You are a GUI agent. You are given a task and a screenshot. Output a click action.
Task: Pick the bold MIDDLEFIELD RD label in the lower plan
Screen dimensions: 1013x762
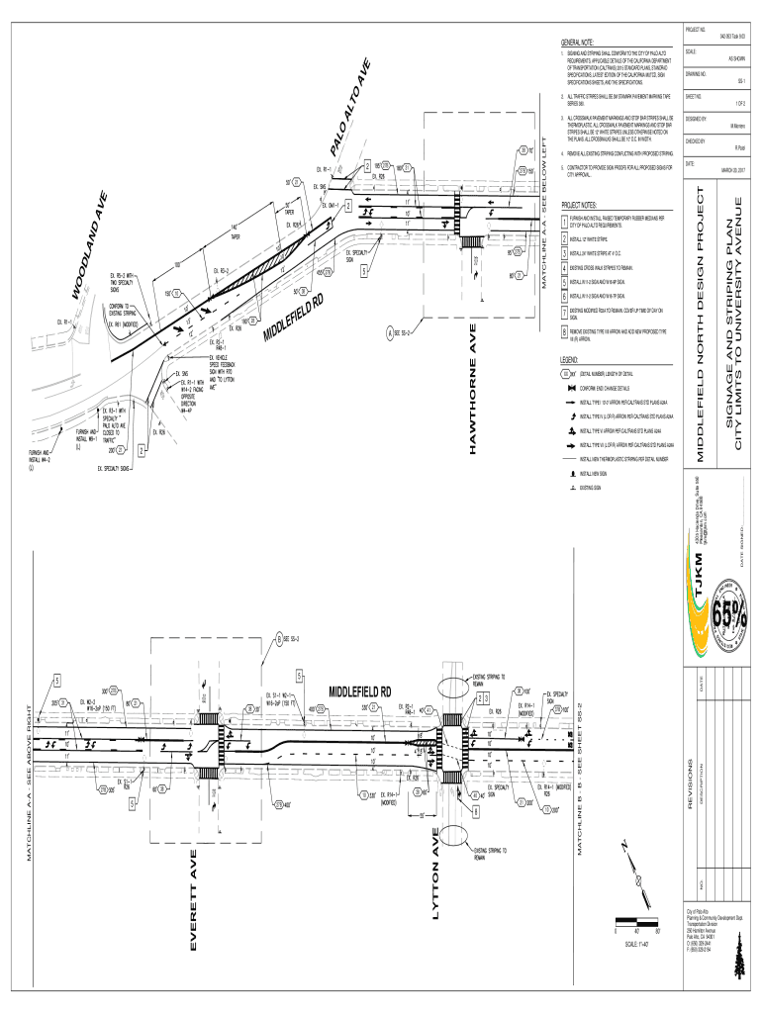[360, 690]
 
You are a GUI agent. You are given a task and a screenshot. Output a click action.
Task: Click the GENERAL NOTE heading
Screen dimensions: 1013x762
[577, 44]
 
